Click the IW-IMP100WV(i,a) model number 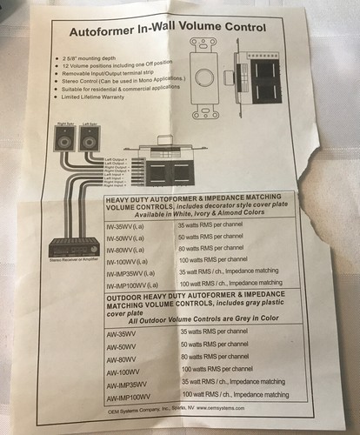[x=136, y=285]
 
